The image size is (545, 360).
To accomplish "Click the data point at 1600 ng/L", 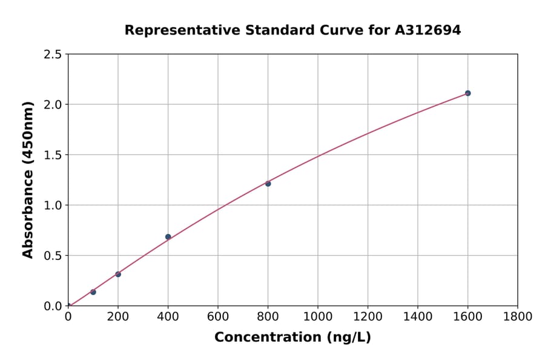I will (467, 93).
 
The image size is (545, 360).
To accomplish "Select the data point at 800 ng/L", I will (268, 184).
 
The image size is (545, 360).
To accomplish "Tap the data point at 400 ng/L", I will (168, 237).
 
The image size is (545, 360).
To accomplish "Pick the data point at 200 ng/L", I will (118, 275).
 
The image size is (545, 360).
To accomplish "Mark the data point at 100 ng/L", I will (93, 292).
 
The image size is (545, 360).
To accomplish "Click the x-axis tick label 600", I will (218, 316).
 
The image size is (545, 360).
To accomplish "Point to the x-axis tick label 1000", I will (318, 316).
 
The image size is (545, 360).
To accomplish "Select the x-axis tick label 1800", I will (518, 316).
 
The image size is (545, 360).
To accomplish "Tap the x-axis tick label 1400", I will (418, 316).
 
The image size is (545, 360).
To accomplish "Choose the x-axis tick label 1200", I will (368, 316).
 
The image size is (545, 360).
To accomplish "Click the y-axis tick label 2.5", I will (53, 55).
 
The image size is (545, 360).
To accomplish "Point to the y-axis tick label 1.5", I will (53, 155).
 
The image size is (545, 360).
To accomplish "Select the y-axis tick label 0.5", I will (53, 256).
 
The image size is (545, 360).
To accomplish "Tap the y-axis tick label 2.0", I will (53, 105).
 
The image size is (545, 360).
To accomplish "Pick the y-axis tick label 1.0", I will (53, 205).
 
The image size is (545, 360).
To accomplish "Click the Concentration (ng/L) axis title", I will (292, 337).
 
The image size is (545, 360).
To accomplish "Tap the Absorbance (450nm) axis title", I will (28, 180).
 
